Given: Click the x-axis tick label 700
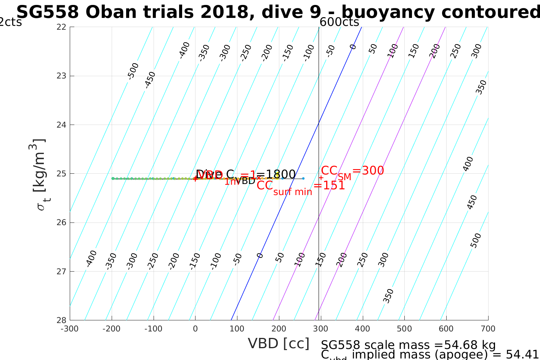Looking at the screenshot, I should click(488, 329).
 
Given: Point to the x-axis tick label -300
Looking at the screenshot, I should click(70, 329).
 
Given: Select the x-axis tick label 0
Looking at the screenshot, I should click(195, 329).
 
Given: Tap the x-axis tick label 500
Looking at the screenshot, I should click(404, 329).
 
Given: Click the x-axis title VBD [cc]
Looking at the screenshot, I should click(279, 344).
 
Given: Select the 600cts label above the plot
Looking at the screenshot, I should click(339, 22).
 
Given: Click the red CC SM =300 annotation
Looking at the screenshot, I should click(352, 171).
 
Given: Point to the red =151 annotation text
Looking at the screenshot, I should click(329, 186).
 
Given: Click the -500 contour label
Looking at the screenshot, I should click(133, 71).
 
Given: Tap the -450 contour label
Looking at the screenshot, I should click(151, 80).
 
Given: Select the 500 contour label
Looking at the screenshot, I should click(476, 240).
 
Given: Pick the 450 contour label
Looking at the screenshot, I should click(472, 202).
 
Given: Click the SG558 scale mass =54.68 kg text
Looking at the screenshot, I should click(408, 345).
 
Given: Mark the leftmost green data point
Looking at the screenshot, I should click(113, 178).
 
